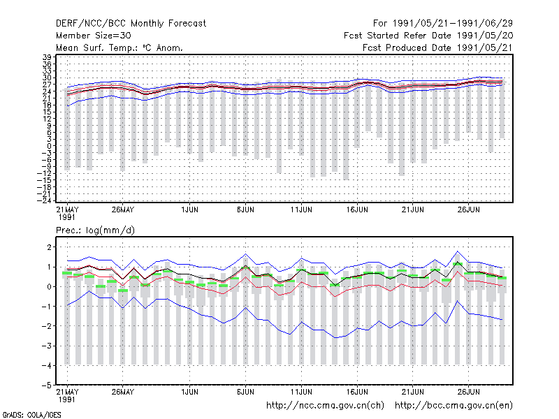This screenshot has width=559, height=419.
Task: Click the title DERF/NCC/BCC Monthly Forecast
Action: click(x=131, y=24)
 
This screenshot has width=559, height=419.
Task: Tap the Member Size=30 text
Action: click(x=94, y=36)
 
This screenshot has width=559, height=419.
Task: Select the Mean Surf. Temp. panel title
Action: click(x=119, y=47)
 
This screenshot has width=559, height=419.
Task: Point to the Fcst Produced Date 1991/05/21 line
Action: click(x=437, y=47)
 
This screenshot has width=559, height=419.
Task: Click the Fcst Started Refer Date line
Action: click(x=428, y=36)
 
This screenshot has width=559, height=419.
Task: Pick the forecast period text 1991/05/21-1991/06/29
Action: click(x=452, y=24)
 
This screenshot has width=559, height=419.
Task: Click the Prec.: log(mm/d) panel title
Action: click(x=95, y=230)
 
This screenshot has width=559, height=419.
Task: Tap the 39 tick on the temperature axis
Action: click(x=47, y=57)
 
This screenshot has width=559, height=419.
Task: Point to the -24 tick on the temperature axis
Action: click(x=44, y=200)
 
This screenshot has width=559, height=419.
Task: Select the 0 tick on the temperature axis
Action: click(x=49, y=146)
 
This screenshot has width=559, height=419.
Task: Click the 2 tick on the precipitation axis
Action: click(x=49, y=247)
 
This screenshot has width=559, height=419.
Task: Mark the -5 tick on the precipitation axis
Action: click(x=47, y=385)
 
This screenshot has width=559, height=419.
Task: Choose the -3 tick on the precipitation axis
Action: click(x=47, y=346)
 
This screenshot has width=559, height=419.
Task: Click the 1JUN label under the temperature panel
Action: click(x=189, y=210)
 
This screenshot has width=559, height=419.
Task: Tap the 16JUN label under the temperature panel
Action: click(x=357, y=210)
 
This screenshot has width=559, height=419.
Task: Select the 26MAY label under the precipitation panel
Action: click(x=123, y=392)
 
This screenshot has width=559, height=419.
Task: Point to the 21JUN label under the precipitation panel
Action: click(x=413, y=392)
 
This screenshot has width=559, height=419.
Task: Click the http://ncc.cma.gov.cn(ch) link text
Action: click(x=325, y=406)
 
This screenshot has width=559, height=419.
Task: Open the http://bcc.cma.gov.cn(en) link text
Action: click(x=453, y=406)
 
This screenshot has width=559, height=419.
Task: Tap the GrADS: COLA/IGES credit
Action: click(x=31, y=415)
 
